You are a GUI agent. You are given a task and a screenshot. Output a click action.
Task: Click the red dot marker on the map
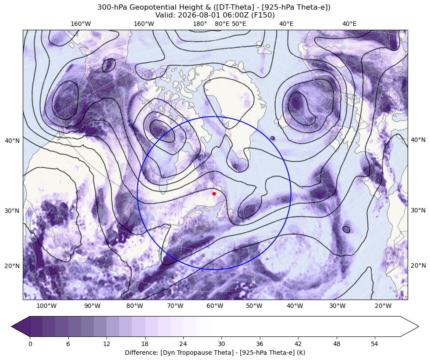(x=214, y=194)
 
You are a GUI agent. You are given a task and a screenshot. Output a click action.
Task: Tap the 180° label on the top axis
(x=200, y=24)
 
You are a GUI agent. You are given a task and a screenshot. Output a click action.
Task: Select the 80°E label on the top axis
(x=222, y=24)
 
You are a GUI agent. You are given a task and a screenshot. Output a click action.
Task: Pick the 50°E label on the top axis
(x=239, y=24)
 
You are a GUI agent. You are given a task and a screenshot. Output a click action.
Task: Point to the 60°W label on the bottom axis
(x=215, y=306)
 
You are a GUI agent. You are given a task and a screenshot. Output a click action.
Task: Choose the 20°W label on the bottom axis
(x=383, y=306)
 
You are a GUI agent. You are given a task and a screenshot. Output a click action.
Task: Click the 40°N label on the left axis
(x=12, y=141)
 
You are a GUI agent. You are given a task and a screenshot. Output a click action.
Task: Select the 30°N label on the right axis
(x=418, y=210)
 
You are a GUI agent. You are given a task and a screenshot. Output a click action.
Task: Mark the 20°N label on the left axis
(x=12, y=266)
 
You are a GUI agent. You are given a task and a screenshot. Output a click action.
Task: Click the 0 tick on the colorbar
(x=30, y=344)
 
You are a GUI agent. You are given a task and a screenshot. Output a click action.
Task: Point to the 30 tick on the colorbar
(x=221, y=344)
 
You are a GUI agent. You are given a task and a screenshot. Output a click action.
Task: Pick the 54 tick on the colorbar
(x=374, y=344)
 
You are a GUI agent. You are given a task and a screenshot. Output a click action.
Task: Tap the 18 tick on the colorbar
(x=145, y=344)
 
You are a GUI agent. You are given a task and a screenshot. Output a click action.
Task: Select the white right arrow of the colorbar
(x=409, y=326)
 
